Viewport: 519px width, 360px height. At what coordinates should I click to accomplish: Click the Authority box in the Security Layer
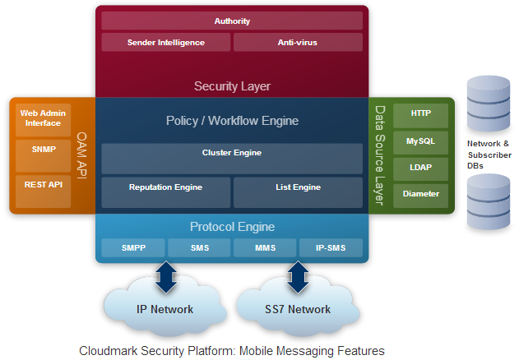(x=232, y=21)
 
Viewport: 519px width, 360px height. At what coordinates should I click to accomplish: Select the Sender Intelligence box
(x=166, y=42)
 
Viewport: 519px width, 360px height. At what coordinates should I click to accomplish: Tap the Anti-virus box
(x=298, y=42)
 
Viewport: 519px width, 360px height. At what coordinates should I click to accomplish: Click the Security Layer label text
(x=232, y=85)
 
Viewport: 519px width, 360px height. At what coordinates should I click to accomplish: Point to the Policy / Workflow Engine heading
(x=232, y=121)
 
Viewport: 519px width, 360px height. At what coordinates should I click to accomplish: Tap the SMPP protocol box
(x=133, y=247)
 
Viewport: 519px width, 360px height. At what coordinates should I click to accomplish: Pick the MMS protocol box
(x=264, y=247)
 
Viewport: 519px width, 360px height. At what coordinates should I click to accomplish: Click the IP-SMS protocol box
(x=330, y=247)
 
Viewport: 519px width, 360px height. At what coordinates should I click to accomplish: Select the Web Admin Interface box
(x=41, y=119)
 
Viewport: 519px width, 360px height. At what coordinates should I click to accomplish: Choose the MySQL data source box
(x=420, y=141)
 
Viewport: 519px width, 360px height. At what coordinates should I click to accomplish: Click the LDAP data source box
(x=420, y=168)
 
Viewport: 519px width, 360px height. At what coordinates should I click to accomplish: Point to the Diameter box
(x=420, y=194)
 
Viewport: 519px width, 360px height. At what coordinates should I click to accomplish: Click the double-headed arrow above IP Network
(x=166, y=277)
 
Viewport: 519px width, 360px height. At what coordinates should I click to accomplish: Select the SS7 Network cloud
(x=296, y=309)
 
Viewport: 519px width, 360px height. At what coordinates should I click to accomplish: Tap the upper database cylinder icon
(x=489, y=103)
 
